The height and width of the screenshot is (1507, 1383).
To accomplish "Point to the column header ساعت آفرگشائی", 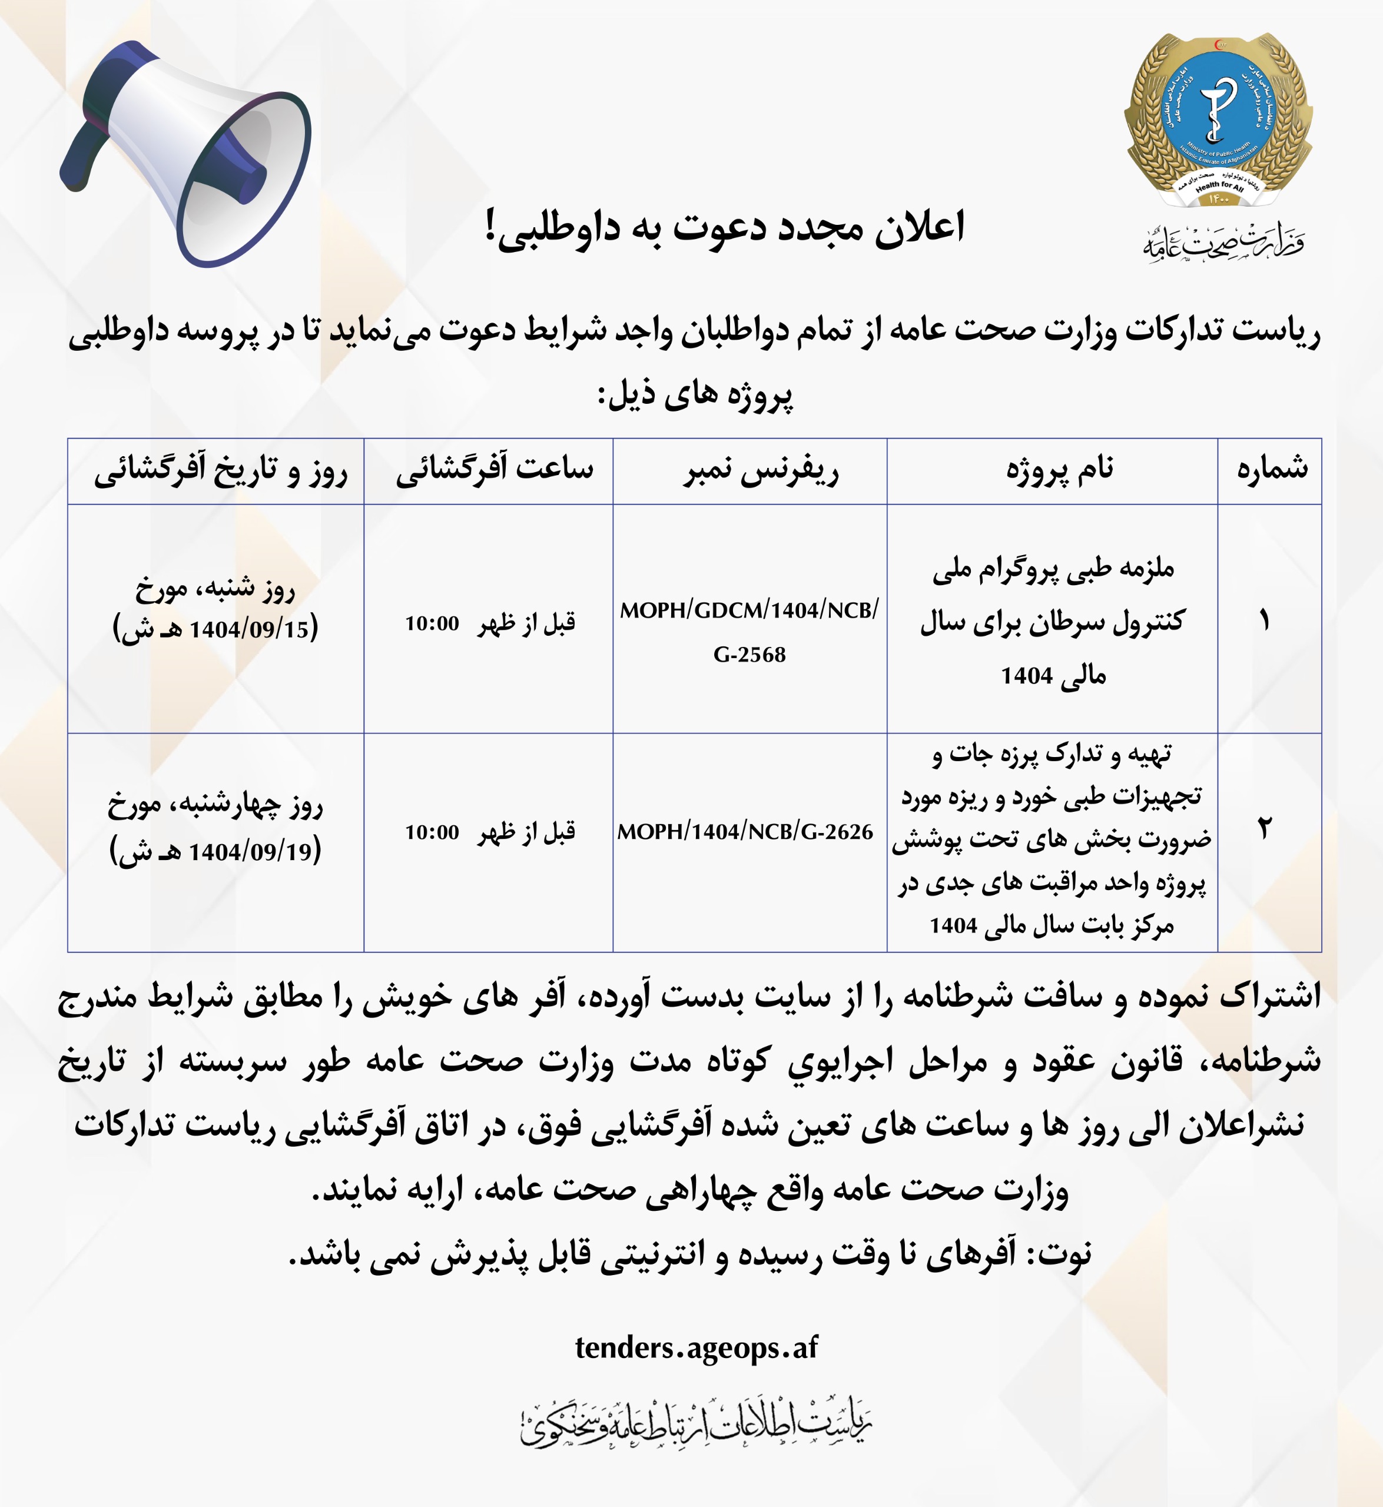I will point(494,470).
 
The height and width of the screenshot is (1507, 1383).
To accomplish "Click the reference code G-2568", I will point(749,655).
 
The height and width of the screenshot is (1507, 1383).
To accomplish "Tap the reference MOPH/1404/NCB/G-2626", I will point(745,831).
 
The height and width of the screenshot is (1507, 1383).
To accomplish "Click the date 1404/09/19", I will point(250,852).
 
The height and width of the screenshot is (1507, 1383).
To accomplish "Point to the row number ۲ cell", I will point(1264,828).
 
